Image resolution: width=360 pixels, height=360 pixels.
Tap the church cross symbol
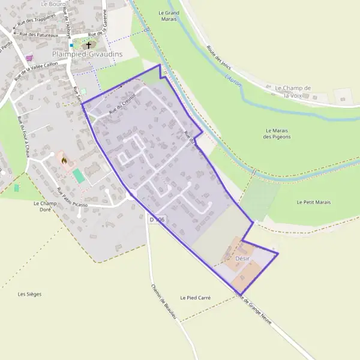click(89, 44)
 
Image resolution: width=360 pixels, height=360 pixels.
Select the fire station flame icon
click(64, 161)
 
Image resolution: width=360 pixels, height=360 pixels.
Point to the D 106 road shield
click(157, 220)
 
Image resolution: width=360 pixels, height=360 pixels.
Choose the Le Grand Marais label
click(169, 15)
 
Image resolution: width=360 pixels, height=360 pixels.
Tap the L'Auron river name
click(233, 79)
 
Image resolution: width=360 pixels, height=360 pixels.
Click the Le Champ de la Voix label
click(293, 91)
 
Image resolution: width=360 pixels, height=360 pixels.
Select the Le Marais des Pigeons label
click(277, 133)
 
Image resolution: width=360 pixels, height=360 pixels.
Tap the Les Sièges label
click(29, 294)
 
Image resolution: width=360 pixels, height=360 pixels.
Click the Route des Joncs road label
click(219, 58)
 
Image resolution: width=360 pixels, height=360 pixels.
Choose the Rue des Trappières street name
click(37, 22)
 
